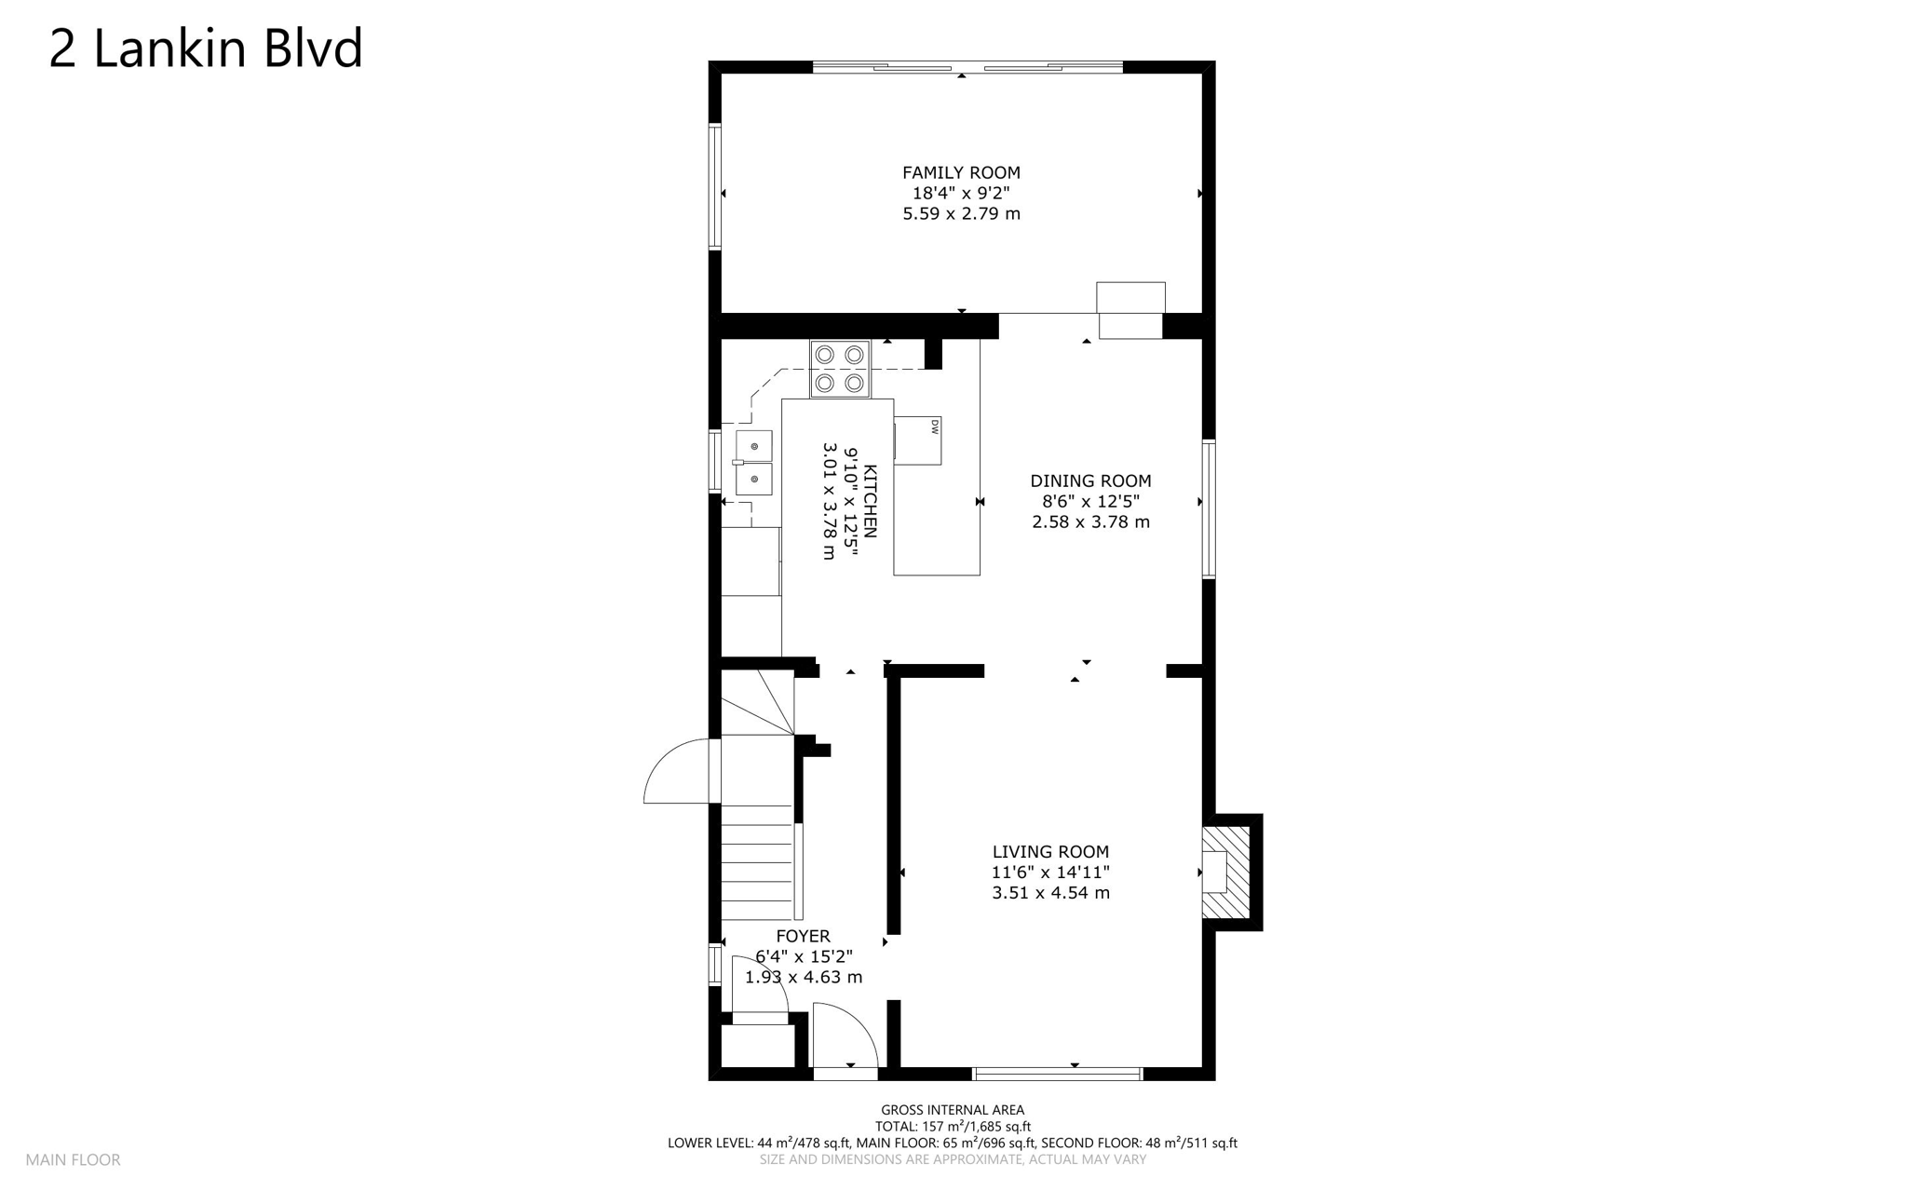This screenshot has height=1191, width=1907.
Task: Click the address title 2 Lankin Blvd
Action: click(x=205, y=48)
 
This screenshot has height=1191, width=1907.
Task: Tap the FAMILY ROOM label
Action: click(x=961, y=172)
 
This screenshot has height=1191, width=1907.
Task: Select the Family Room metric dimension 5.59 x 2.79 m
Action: click(x=961, y=213)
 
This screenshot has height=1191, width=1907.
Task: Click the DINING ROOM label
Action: click(x=1090, y=480)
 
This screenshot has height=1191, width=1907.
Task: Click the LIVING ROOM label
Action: click(x=1050, y=851)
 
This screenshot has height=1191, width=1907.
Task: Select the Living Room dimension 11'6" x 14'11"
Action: click(x=1050, y=873)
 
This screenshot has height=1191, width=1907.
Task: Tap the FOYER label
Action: click(x=803, y=936)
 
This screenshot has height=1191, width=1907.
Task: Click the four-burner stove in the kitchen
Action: click(x=840, y=369)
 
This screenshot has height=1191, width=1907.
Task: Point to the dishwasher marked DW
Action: click(x=918, y=440)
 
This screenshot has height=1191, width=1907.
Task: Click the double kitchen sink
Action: click(x=753, y=463)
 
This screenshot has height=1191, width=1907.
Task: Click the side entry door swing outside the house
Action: click(x=676, y=773)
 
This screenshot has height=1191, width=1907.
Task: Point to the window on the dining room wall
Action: click(x=1209, y=509)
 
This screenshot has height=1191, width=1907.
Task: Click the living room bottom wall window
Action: click(x=1057, y=1074)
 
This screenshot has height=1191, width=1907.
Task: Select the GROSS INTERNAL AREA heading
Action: click(x=953, y=1109)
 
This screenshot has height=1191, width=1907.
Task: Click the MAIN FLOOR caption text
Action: click(x=73, y=1159)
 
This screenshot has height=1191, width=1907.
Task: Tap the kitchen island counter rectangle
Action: click(x=937, y=521)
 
